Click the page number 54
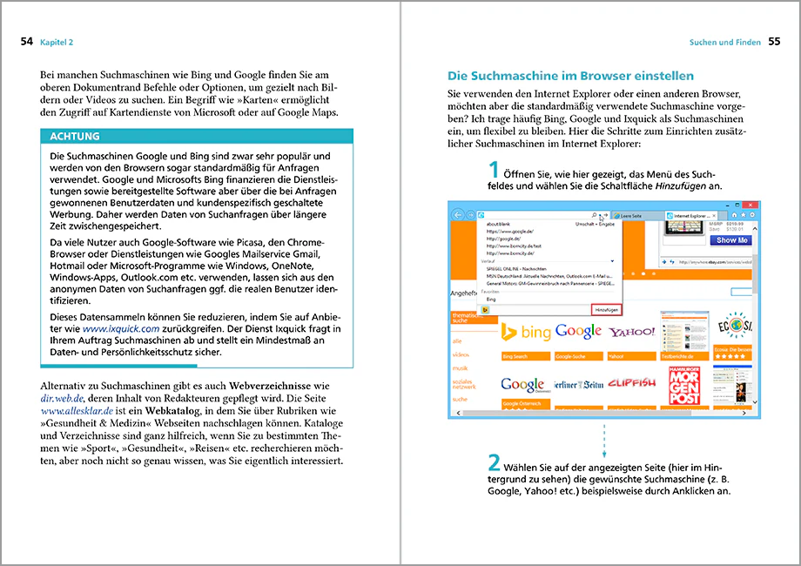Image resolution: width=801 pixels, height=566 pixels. (x=26, y=41)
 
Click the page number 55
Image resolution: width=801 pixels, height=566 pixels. (x=774, y=41)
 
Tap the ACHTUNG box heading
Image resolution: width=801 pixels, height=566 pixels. (x=75, y=137)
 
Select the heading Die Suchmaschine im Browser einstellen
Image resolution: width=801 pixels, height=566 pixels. (x=570, y=76)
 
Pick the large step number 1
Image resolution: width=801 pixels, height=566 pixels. (x=494, y=170)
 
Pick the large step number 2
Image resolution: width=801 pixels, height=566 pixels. (x=494, y=462)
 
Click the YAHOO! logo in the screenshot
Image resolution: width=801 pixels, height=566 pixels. (x=631, y=332)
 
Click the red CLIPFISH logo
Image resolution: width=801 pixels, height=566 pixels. (x=631, y=383)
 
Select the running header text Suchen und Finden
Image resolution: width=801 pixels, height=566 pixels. (x=724, y=42)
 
